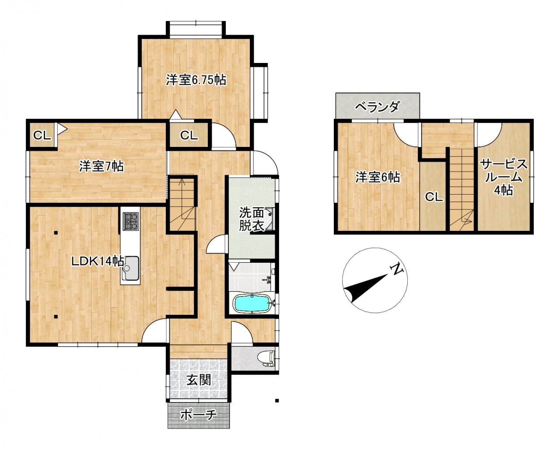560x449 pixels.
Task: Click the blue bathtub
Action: pos(252,303)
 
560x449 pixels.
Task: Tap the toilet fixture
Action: pos(266,359)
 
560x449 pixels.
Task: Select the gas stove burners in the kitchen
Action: pos(131,221)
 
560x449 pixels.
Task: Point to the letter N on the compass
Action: pos(397,269)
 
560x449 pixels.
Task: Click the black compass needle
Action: pos(367,287)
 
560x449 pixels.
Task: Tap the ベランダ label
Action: pos(377,107)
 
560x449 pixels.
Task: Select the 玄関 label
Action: pos(199,381)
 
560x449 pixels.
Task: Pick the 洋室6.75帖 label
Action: pos(196,80)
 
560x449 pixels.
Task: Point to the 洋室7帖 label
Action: pos(101,166)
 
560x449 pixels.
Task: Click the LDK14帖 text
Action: pos(98,261)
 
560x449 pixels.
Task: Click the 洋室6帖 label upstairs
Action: pos(378,177)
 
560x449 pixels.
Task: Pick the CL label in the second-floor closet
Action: pos(434,197)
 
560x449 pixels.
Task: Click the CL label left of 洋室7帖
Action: pos(42,135)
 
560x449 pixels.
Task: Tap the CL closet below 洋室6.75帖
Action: pos(189,135)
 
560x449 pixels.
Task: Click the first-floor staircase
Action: pos(182,204)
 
